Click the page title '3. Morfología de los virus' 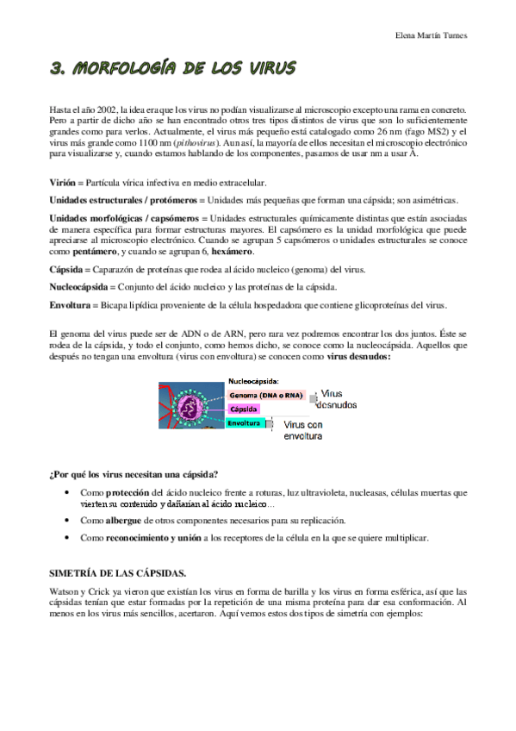click(172, 68)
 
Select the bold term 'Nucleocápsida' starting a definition click(79, 286)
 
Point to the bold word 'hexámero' click(212, 252)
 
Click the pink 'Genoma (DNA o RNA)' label click(264, 395)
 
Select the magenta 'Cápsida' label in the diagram click(245, 409)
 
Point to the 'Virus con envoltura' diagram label click(303, 431)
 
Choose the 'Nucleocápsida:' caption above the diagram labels click(254, 380)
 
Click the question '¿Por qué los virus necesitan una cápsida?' click(133, 473)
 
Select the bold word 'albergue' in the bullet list click(124, 521)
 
